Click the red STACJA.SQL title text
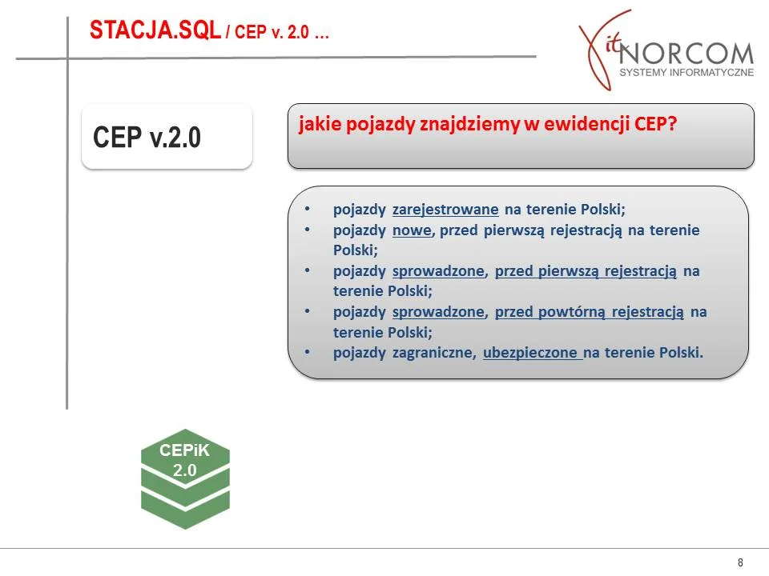tap(155, 30)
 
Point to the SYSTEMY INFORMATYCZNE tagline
tap(686, 73)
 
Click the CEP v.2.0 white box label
tap(147, 137)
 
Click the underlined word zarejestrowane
tap(445, 210)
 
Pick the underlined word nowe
tap(412, 230)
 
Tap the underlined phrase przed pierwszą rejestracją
tap(586, 271)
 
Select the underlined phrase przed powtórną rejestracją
tap(589, 312)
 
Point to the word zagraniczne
tap(433, 353)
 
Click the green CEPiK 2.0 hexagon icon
tap(185, 478)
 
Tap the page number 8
tap(740, 562)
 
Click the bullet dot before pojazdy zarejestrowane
tap(308, 209)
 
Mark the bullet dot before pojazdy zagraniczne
tap(308, 352)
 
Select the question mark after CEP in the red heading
tap(672, 123)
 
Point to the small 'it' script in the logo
tap(613, 45)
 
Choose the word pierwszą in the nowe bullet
tap(514, 230)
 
